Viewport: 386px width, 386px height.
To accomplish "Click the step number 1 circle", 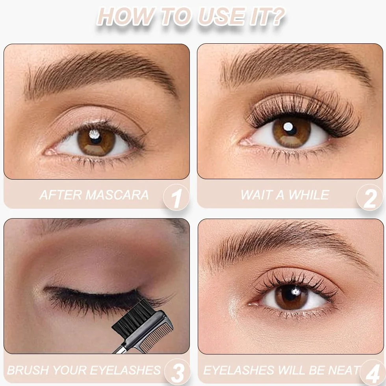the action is click(x=176, y=197).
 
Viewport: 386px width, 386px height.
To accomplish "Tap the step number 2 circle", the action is click(x=370, y=197).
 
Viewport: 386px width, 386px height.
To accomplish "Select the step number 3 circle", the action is click(x=177, y=372).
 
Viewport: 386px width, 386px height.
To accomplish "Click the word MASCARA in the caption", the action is click(x=117, y=195).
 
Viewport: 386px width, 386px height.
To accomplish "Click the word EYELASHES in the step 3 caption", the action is click(x=126, y=370).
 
